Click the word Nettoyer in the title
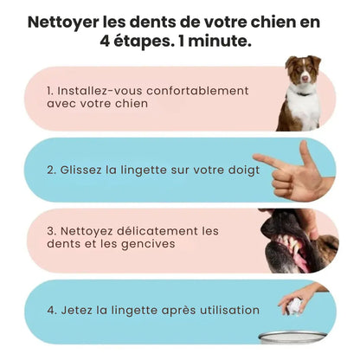pyautogui.click(x=66, y=22)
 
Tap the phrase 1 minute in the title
pyautogui.click(x=215, y=42)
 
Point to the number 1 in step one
pyautogui.click(x=50, y=90)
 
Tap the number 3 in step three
pyautogui.click(x=51, y=231)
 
